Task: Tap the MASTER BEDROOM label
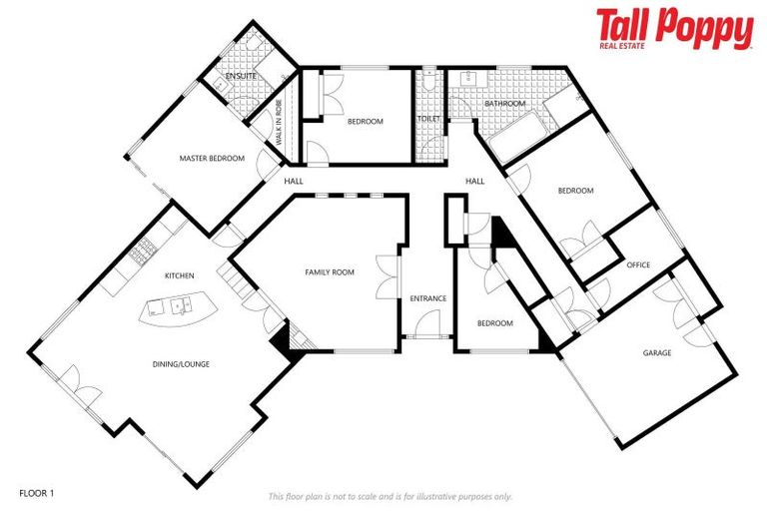click(x=212, y=158)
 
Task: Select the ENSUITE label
click(x=241, y=76)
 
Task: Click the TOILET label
click(x=428, y=120)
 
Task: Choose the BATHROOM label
click(x=504, y=103)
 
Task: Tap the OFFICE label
click(x=637, y=264)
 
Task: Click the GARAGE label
click(x=656, y=352)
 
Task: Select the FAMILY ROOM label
click(x=330, y=271)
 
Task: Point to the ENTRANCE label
click(x=427, y=298)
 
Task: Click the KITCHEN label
click(x=180, y=275)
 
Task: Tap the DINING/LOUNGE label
click(x=181, y=364)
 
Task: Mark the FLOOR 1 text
click(x=38, y=492)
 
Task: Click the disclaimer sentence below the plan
click(x=390, y=496)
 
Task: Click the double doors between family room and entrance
click(x=385, y=277)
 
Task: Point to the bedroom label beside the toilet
click(x=365, y=122)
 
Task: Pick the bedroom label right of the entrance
click(x=494, y=323)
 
